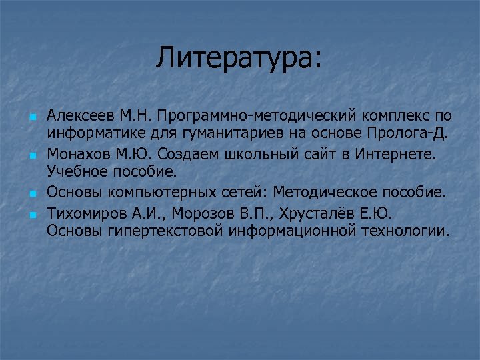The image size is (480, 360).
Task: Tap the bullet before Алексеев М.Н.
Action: coord(31,117)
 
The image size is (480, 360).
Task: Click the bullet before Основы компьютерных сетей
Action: coord(31,193)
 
